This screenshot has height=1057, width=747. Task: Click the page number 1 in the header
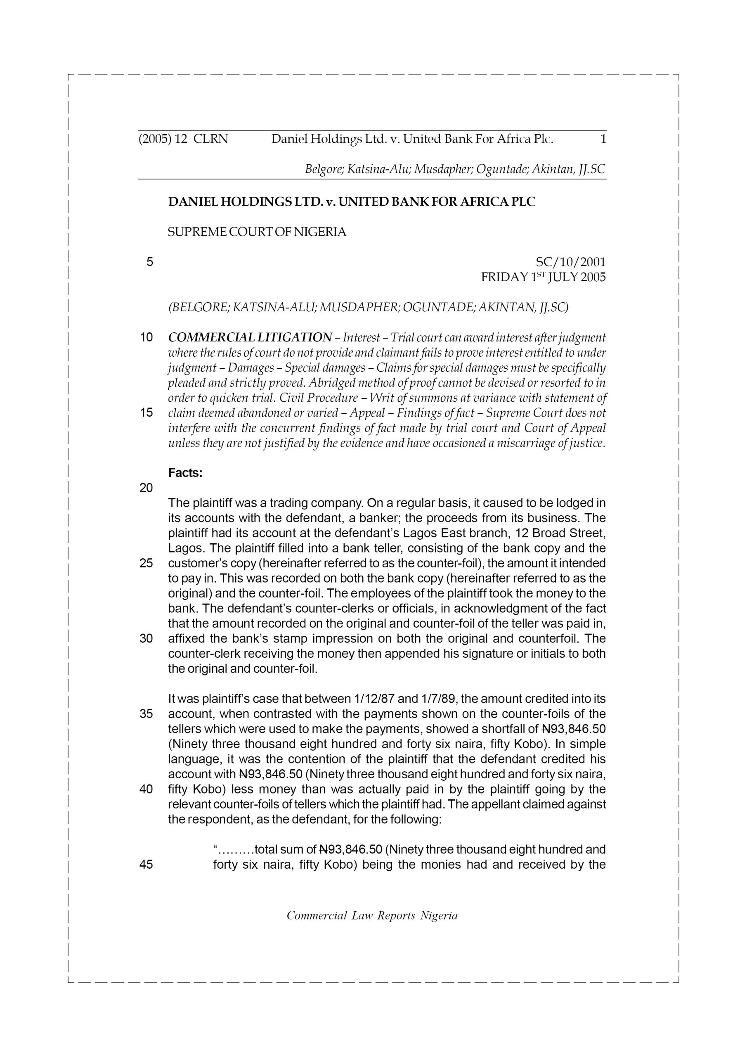(x=603, y=139)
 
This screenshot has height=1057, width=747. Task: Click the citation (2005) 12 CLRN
(x=183, y=139)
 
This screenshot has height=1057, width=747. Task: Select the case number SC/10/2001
(x=571, y=263)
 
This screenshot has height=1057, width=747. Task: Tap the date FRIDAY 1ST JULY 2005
(x=543, y=277)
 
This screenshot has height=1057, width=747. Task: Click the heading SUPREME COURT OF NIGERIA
(x=257, y=232)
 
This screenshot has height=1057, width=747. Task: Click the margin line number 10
(x=147, y=337)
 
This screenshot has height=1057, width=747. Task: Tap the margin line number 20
(x=147, y=488)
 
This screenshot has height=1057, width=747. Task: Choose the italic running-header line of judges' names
(x=455, y=169)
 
